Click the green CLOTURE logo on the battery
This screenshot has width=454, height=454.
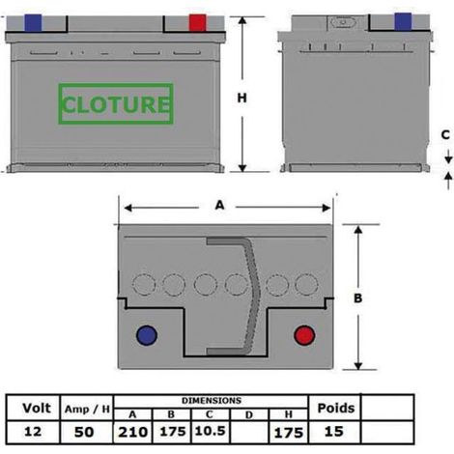click(116, 103)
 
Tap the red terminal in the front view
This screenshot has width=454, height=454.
click(197, 23)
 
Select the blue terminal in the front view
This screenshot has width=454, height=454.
click(33, 23)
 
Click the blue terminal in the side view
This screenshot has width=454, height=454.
click(403, 21)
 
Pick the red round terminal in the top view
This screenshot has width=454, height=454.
click(304, 335)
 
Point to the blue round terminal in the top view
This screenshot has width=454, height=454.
click(147, 335)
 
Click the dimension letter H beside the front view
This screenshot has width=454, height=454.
click(242, 98)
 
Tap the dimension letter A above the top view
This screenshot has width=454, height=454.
click(219, 205)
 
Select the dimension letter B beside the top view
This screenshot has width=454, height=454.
click(358, 298)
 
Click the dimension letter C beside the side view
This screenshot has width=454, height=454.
click(445, 135)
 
